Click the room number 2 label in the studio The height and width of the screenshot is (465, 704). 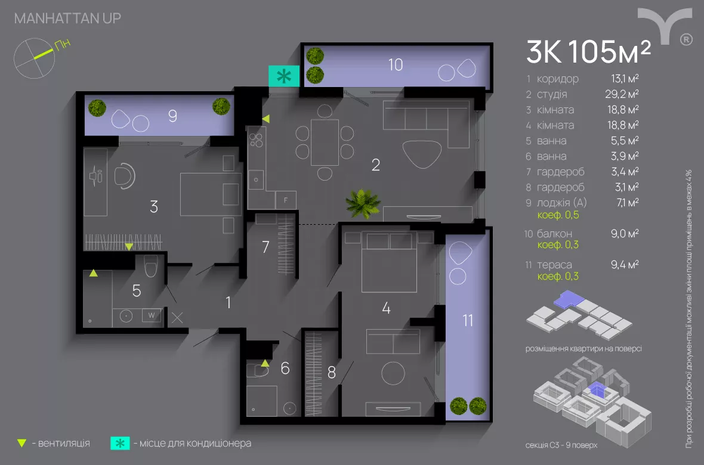(375, 165)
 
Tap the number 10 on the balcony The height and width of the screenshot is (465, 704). (396, 64)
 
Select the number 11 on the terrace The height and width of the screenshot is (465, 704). (468, 320)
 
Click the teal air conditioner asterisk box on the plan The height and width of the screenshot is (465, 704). (284, 76)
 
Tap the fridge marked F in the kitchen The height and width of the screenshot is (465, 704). (286, 200)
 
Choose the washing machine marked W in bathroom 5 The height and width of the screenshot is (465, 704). (150, 315)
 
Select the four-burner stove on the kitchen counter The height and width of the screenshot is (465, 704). (256, 139)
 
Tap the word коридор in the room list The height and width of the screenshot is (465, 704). (557, 79)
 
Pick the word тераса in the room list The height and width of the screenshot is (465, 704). (554, 265)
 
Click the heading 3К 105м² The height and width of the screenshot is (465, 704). (588, 52)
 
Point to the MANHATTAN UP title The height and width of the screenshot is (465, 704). (67, 18)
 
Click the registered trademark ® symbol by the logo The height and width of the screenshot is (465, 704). (686, 39)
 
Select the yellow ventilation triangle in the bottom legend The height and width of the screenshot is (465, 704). (22, 444)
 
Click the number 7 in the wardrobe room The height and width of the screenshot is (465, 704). (266, 247)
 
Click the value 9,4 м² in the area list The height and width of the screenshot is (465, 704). (625, 265)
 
